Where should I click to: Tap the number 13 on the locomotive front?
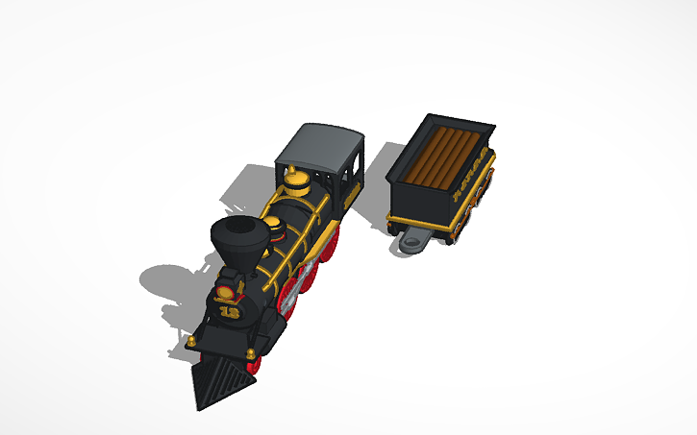tap(230, 311)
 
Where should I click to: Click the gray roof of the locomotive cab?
tap(320, 144)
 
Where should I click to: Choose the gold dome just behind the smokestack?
tap(276, 228)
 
